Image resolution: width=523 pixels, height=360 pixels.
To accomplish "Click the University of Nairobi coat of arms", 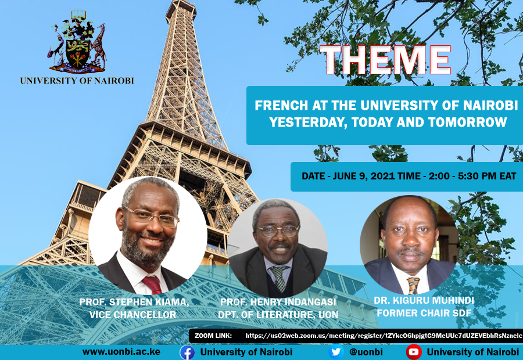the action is (x=77, y=42).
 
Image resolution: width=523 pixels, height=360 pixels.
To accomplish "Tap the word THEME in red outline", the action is (x=385, y=60).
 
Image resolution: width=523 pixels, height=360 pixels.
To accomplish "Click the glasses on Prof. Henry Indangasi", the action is (x=278, y=231).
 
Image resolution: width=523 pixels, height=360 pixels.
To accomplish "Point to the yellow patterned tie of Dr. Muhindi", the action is (x=413, y=286).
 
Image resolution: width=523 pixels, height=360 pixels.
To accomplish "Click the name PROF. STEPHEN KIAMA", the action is (x=134, y=302).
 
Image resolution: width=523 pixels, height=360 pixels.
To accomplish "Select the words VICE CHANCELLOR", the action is (x=132, y=315).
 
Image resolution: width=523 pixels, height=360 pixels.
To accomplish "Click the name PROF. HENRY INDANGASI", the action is (x=278, y=302).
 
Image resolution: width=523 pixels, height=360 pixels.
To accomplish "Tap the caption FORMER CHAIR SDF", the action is (x=424, y=313).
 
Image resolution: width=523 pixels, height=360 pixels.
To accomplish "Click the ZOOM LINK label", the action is (x=213, y=336).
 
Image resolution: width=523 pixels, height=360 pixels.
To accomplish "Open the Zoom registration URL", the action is (x=384, y=336).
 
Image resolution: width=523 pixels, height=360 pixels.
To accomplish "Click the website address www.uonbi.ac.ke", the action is (x=121, y=352).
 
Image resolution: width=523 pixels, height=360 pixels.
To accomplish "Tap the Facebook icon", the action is (x=187, y=352).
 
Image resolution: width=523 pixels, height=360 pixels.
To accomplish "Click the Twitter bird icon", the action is (x=336, y=352).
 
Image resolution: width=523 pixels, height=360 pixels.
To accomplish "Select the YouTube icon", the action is (x=414, y=352).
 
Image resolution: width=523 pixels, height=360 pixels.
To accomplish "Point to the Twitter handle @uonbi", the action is (x=366, y=352).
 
